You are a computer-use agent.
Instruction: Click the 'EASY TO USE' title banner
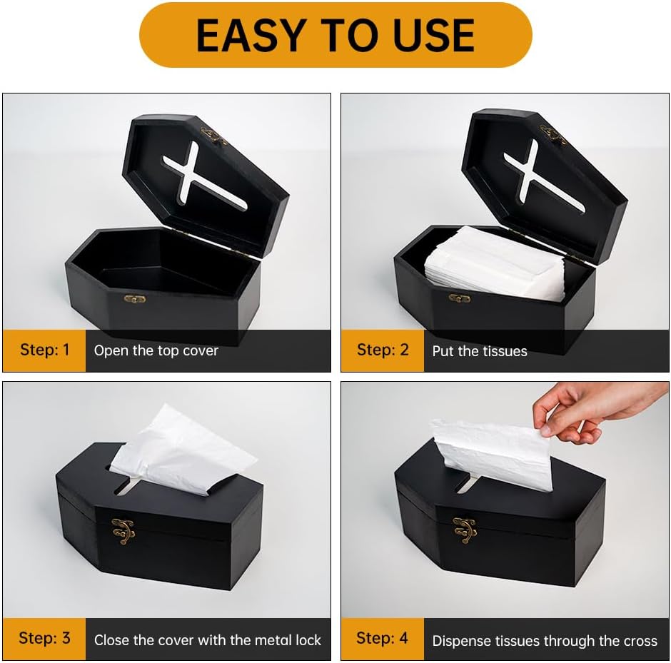pos(335,35)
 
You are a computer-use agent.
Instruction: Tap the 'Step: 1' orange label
pos(44,350)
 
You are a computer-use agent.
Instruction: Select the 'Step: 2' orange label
pos(383,350)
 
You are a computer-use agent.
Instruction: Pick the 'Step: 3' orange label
pos(44,638)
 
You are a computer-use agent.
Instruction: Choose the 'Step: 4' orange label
pos(383,638)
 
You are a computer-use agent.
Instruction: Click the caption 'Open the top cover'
pos(156,350)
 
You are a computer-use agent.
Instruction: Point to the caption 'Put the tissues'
pos(480,350)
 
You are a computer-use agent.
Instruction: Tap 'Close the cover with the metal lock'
pos(208,639)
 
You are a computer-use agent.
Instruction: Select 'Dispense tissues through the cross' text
pos(545,640)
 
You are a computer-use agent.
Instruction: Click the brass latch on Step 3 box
pos(123,530)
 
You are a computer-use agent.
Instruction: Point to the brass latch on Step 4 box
pos(465,529)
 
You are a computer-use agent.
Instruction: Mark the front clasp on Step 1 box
pos(134,299)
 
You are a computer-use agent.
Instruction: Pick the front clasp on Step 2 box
pos(460,298)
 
